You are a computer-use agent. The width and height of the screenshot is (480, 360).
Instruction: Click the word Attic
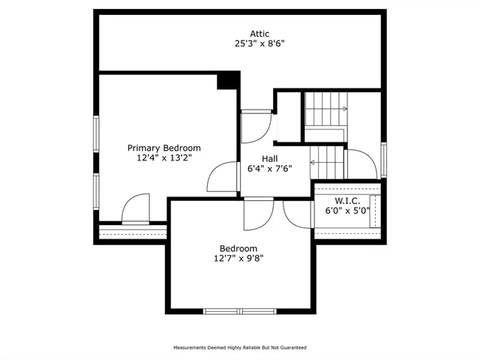coord(259,34)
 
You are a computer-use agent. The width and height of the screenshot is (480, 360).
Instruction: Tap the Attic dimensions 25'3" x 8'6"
coord(259,43)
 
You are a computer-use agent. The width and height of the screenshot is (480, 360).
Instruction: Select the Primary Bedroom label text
coord(163,148)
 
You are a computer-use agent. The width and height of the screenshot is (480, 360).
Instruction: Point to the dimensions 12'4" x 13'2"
coord(163,158)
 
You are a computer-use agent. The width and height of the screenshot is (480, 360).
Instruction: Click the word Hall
coord(270,159)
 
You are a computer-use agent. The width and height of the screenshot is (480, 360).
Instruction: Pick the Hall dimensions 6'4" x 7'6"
coord(270,169)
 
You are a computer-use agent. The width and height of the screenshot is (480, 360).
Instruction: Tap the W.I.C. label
coord(347,201)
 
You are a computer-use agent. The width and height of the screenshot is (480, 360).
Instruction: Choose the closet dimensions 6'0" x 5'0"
coord(347,211)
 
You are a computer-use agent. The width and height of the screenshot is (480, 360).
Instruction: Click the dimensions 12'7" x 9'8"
coord(238,259)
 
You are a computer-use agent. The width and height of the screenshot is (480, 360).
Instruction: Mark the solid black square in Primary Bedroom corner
coord(228,81)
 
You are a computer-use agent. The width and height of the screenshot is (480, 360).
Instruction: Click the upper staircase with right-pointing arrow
coord(325,109)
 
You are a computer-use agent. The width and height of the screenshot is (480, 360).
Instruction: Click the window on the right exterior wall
coord(384,160)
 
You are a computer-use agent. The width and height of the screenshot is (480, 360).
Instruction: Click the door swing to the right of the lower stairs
coord(361,163)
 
